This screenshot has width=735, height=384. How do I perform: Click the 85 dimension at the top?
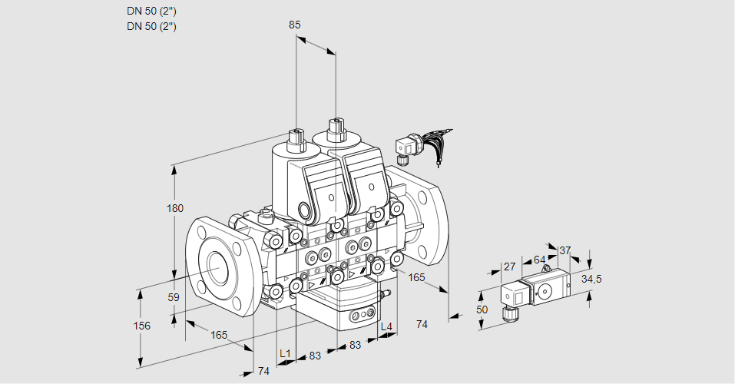click(x=295, y=25)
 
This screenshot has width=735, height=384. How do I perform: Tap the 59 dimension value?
click(x=174, y=297)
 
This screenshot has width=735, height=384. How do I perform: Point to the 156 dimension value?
click(x=142, y=326)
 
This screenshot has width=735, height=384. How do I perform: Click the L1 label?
click(x=285, y=353)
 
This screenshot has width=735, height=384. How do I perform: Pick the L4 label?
click(x=386, y=327)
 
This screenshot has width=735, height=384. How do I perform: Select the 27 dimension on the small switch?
click(x=508, y=266)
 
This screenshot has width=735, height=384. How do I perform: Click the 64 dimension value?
click(x=539, y=260)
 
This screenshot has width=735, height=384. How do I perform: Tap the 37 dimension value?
click(x=565, y=250)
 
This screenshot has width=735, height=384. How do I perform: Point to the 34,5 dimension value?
click(x=591, y=279)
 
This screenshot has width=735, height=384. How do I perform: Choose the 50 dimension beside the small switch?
click(x=483, y=309)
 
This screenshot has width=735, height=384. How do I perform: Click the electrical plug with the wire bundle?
click(x=406, y=146)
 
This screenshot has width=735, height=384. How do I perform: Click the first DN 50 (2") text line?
click(x=152, y=12)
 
